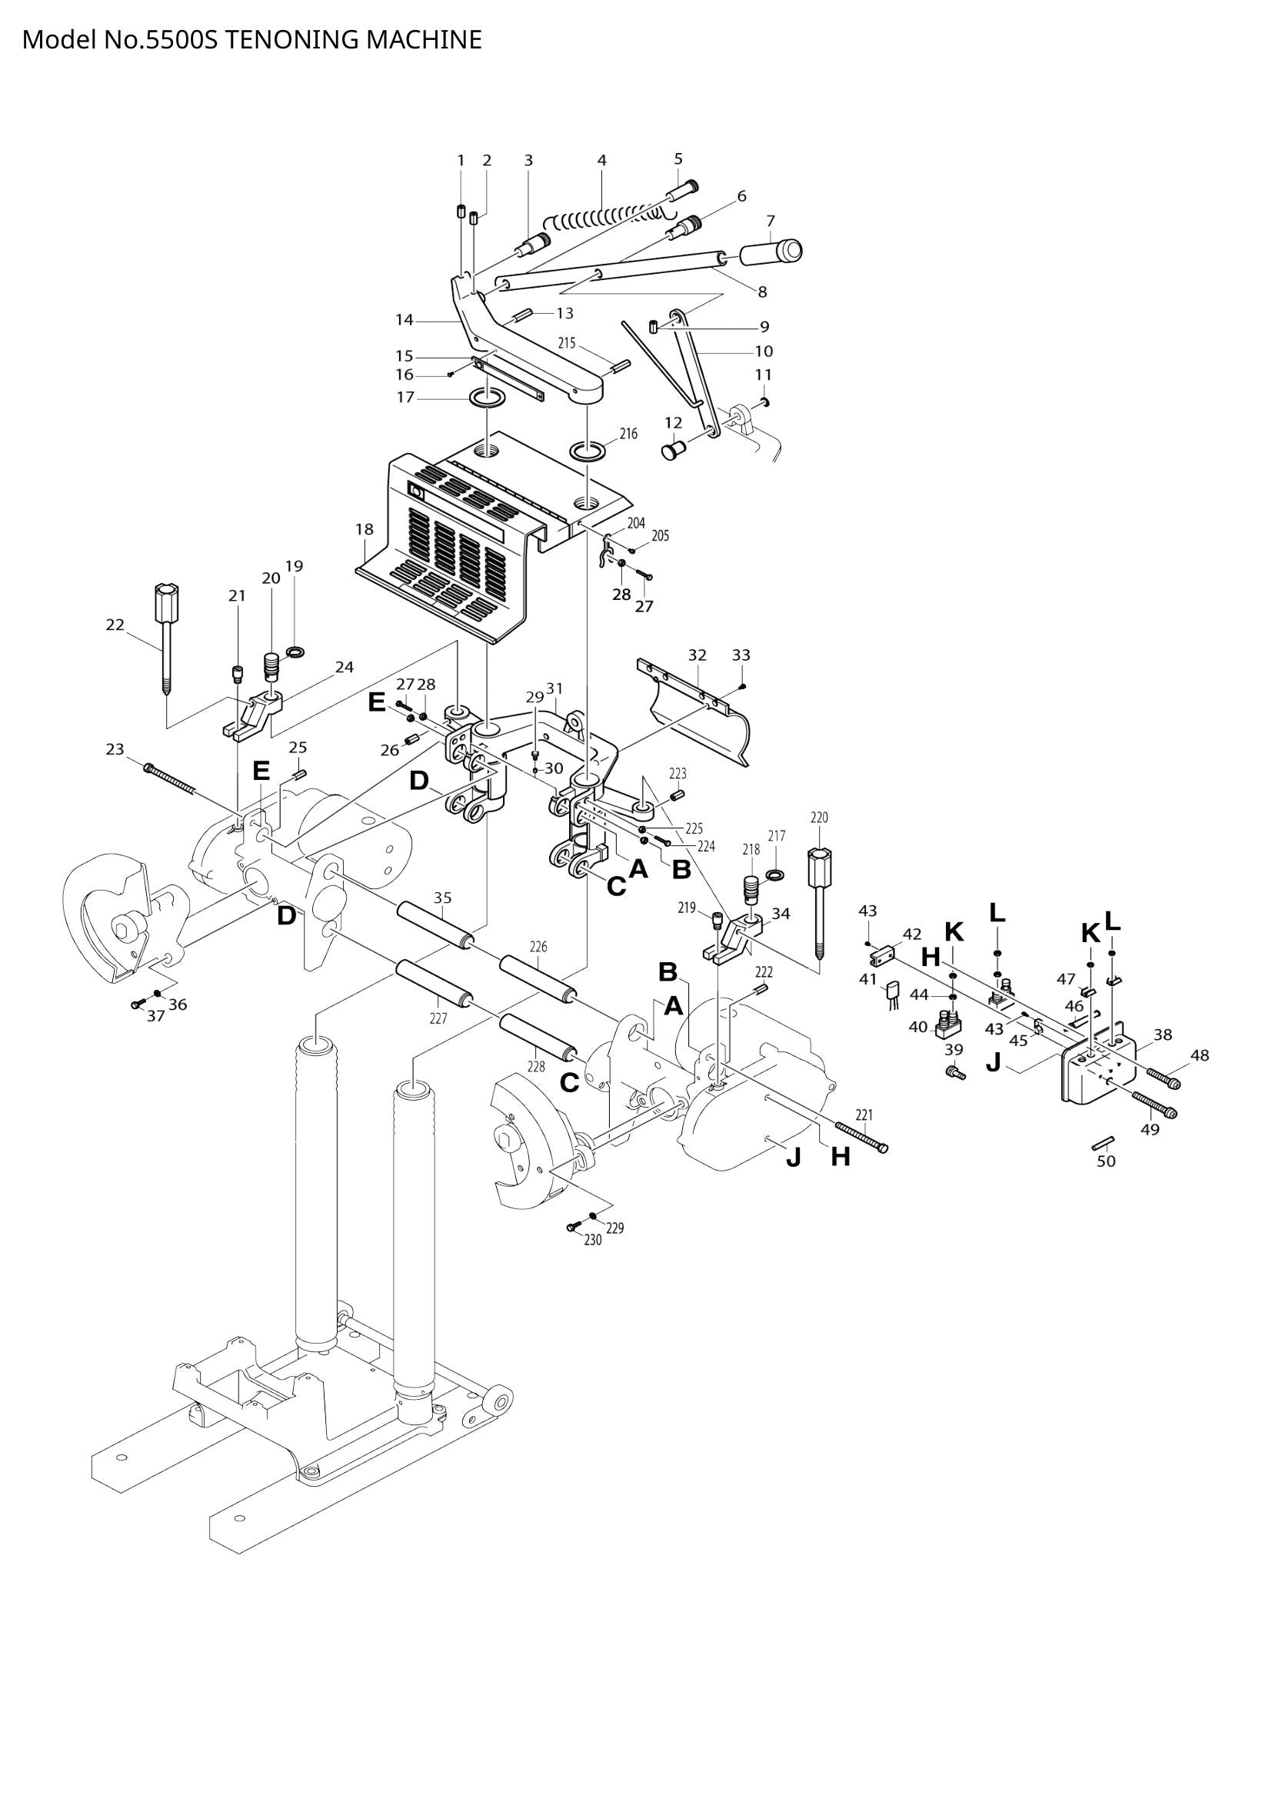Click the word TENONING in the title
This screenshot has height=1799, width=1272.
pos(291,39)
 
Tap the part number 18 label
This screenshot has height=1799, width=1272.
pos(365,529)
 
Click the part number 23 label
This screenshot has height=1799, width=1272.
pos(115,750)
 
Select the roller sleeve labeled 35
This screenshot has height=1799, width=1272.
pos(435,925)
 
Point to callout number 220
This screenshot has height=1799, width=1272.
pos(818,818)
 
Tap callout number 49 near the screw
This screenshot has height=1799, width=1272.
pos(1149,1130)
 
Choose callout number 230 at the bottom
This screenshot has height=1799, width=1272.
pos(593,1241)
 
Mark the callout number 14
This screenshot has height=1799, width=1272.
pos(405,320)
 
